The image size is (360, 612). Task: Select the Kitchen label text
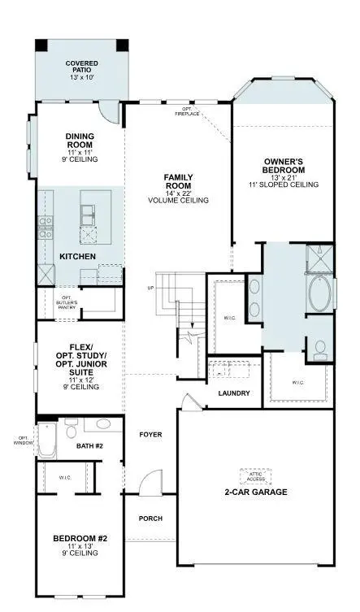point(78,257)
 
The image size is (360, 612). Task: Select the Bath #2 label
point(89,446)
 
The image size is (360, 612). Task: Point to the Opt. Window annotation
point(20,441)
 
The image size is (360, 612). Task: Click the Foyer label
point(150,435)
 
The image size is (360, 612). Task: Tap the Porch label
point(150,519)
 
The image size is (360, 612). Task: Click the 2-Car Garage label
point(256,492)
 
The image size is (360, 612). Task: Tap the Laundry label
point(234,393)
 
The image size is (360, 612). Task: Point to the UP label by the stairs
point(150,289)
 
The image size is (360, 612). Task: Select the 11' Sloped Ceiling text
point(284,185)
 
